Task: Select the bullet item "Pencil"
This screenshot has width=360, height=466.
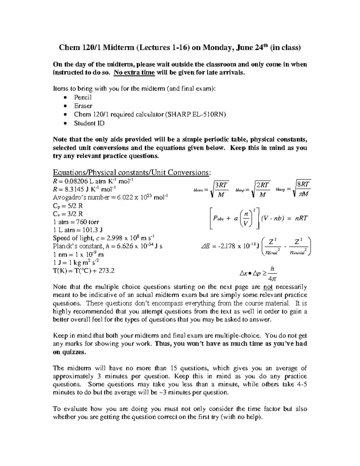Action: [x=83, y=97]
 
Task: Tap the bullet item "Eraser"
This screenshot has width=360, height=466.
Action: [x=83, y=106]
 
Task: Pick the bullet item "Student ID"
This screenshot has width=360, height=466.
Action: [x=89, y=123]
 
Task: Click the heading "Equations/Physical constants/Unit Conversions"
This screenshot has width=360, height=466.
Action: [x=131, y=173]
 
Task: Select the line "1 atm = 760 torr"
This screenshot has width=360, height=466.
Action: [x=76, y=222]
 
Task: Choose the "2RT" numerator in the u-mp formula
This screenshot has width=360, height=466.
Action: [x=262, y=185]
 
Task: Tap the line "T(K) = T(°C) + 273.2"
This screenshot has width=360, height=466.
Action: [x=84, y=271]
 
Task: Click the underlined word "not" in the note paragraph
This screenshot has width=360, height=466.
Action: [x=268, y=287]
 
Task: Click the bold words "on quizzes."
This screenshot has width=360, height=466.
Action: [x=69, y=352]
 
